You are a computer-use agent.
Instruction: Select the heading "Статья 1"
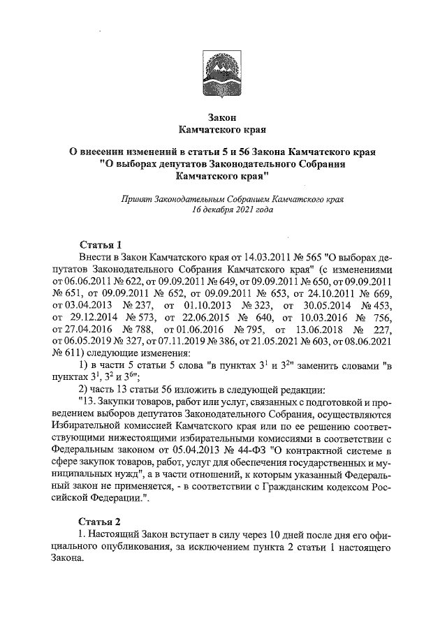click(100, 244)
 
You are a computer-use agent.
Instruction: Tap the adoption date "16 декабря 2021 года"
click(223, 210)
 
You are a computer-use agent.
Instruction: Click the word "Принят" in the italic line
click(138, 198)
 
